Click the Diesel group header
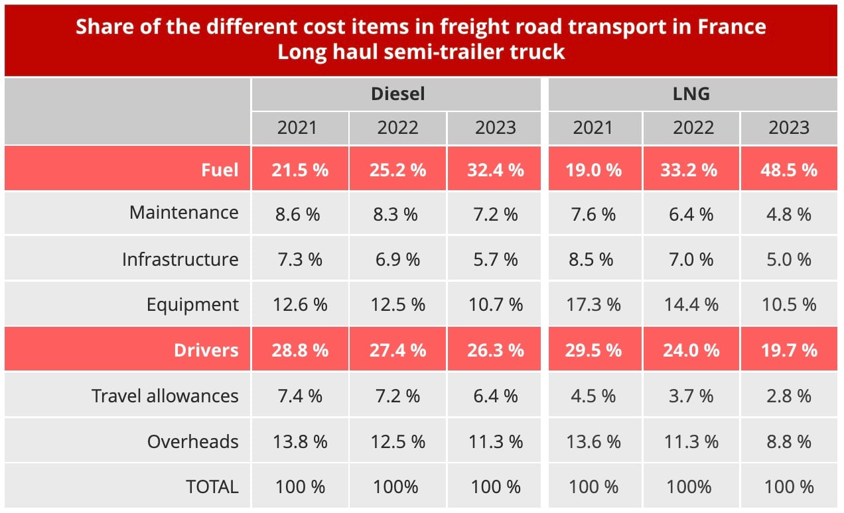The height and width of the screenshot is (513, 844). (x=397, y=94)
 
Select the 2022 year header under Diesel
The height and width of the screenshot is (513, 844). (x=397, y=127)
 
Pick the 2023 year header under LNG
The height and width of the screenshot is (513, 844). (x=788, y=127)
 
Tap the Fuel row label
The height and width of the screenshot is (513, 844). (x=220, y=170)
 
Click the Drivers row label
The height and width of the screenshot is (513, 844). (x=206, y=349)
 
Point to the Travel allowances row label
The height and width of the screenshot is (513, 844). (x=165, y=396)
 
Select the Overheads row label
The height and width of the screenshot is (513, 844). (x=192, y=441)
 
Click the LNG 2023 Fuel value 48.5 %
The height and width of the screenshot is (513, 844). (x=788, y=170)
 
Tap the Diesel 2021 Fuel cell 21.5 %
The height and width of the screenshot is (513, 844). (x=299, y=170)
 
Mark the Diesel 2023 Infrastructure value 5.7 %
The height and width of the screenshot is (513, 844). (x=495, y=259)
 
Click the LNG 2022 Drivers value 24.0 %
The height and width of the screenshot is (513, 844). (x=691, y=349)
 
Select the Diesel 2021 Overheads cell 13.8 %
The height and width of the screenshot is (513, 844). (x=299, y=441)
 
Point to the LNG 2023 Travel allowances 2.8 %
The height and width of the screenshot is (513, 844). (x=788, y=396)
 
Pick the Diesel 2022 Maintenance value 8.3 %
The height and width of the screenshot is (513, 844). (x=397, y=214)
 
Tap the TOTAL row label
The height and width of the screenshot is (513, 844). (x=212, y=486)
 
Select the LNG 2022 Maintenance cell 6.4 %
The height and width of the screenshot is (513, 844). (x=691, y=214)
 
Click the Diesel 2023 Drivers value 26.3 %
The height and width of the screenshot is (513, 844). (x=495, y=349)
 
